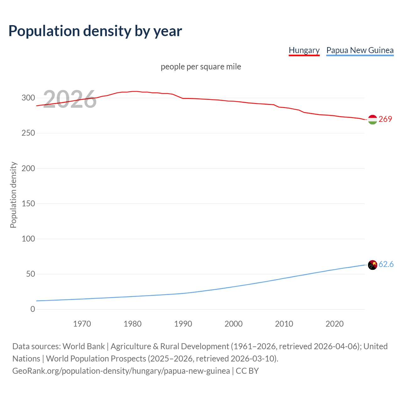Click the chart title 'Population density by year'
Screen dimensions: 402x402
pyautogui.click(x=95, y=31)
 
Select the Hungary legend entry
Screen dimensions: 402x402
pyautogui.click(x=304, y=50)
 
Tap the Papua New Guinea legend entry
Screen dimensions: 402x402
pyautogui.click(x=360, y=50)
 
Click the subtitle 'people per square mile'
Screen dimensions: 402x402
pyautogui.click(x=201, y=67)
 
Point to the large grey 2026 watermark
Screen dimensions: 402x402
pyautogui.click(x=70, y=99)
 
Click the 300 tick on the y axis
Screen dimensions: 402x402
pyautogui.click(x=28, y=98)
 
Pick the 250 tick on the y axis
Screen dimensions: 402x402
pyautogui.click(x=28, y=133)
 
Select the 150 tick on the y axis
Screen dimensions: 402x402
pyautogui.click(x=28, y=204)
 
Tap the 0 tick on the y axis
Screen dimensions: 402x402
pyautogui.click(x=33, y=309)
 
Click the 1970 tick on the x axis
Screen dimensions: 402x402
pyautogui.click(x=82, y=324)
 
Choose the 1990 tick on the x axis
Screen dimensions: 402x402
pyautogui.click(x=183, y=324)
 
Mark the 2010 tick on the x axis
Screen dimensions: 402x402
pyautogui.click(x=284, y=324)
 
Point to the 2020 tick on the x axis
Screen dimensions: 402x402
pyautogui.click(x=334, y=324)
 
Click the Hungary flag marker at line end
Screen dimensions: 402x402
pyautogui.click(x=372, y=120)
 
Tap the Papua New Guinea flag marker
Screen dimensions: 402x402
pyautogui.click(x=372, y=265)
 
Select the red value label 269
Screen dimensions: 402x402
pyautogui.click(x=385, y=119)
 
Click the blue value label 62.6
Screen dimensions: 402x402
pyautogui.click(x=386, y=264)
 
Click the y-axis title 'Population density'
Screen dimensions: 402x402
pyautogui.click(x=13, y=195)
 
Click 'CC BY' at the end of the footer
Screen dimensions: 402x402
pyautogui.click(x=247, y=371)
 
